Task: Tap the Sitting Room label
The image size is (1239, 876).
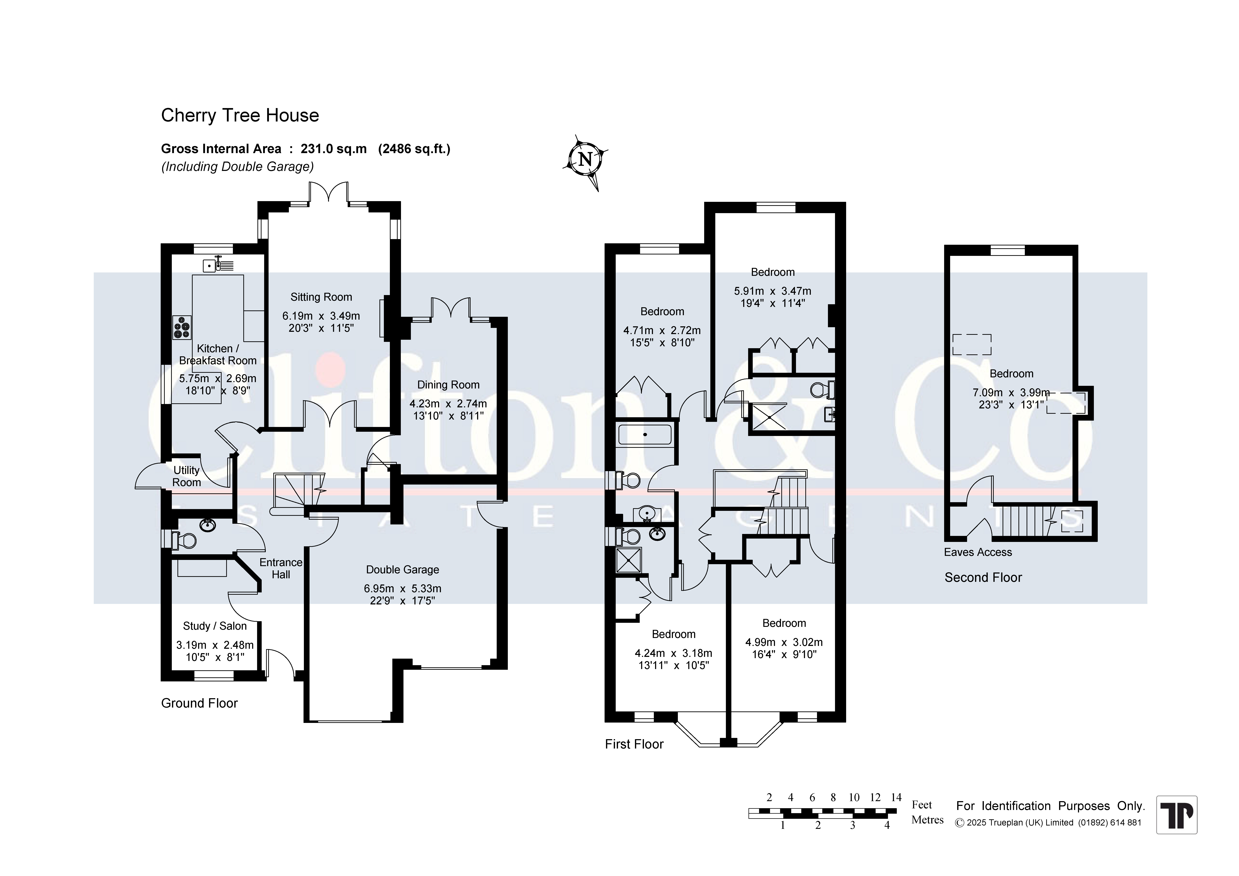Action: click(321, 297)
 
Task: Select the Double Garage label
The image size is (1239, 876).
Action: click(403, 569)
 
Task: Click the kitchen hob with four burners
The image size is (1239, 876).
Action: click(182, 327)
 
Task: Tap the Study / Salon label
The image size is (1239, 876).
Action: click(215, 626)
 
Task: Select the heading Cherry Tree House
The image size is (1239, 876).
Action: click(240, 115)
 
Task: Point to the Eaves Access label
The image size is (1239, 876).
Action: click(978, 552)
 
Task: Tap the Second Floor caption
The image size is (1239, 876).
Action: click(983, 578)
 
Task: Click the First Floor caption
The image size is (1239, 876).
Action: click(634, 744)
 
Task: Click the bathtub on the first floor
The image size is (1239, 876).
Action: click(645, 435)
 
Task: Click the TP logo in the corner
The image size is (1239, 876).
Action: click(1177, 815)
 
